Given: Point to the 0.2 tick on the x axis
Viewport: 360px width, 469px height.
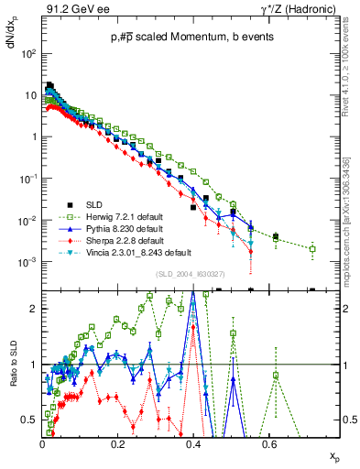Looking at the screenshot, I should tap(117, 443).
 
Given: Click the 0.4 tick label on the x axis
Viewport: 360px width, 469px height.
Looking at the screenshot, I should tap(192, 443).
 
